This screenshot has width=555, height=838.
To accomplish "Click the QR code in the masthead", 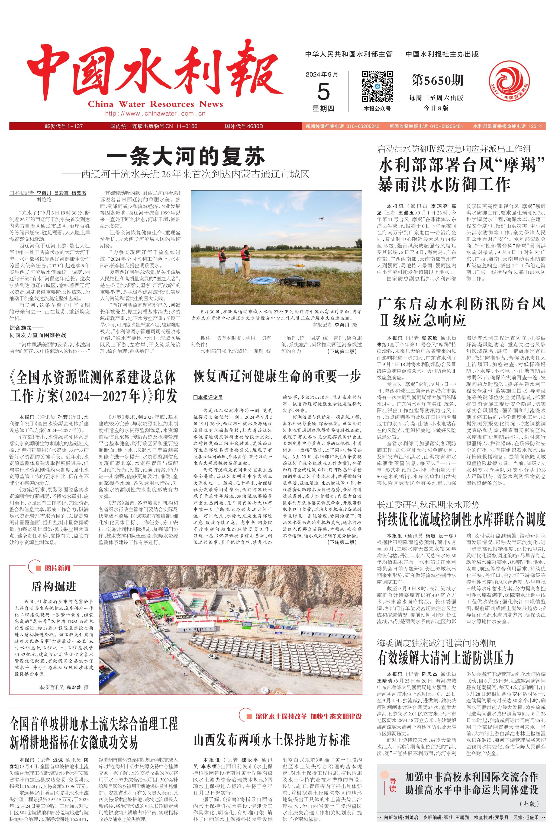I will tap(377, 87).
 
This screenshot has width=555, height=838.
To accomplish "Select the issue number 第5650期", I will tap(437, 81).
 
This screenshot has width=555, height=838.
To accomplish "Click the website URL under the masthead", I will tap(155, 114).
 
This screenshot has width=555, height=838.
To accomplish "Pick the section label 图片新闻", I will tap(57, 568).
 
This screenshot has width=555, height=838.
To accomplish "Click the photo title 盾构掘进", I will tap(54, 586).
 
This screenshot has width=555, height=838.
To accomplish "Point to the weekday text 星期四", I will tap(323, 108).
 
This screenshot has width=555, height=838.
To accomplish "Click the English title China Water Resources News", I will tap(155, 104).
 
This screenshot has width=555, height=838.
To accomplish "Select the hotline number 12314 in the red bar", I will tap(535, 126).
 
